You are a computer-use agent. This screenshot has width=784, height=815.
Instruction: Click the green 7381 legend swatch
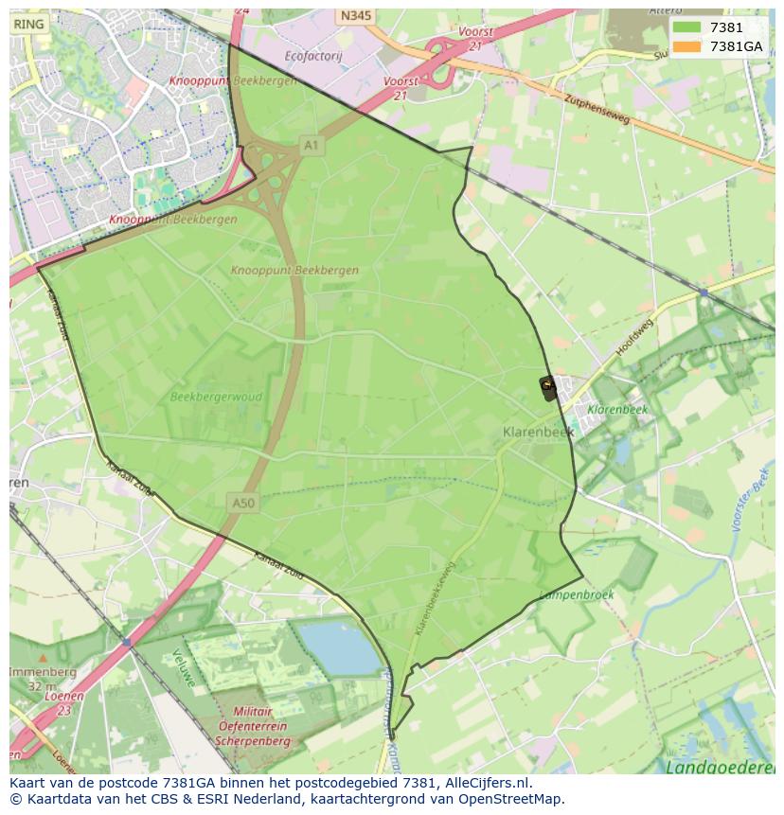[x=688, y=27]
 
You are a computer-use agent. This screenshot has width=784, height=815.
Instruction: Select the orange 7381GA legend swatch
[x=688, y=46]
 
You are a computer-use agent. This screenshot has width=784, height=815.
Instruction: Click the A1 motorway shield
[x=310, y=144]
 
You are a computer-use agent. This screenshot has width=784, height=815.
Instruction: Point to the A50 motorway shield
[x=243, y=503]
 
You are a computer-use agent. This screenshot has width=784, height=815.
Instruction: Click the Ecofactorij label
[x=312, y=56]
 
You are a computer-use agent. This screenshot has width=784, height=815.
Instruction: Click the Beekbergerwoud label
[x=208, y=398]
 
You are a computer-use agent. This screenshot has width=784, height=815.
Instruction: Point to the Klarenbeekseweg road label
[x=435, y=597]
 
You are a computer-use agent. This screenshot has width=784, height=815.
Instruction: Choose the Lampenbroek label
[x=576, y=595]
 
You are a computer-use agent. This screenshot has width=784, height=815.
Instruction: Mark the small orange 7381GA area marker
[x=547, y=384]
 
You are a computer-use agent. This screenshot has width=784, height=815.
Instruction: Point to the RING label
[x=28, y=25]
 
